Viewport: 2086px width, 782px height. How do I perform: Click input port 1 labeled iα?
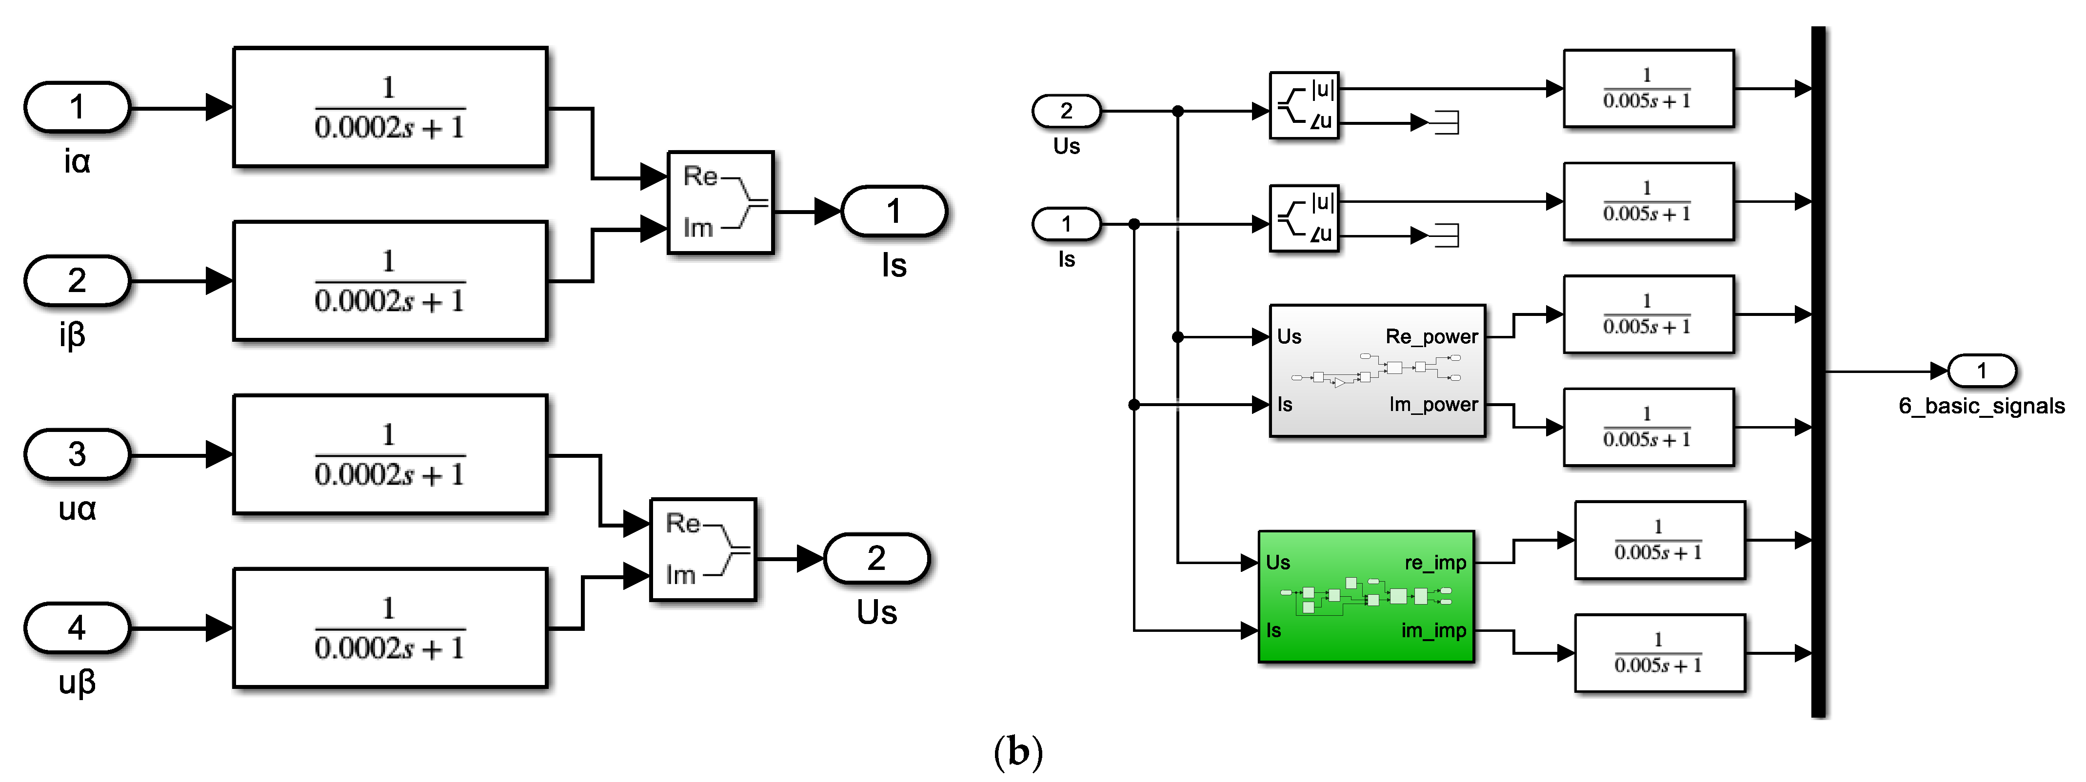click(x=77, y=107)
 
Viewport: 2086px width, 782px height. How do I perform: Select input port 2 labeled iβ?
click(x=77, y=281)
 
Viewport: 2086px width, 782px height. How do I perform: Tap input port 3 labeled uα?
click(x=77, y=454)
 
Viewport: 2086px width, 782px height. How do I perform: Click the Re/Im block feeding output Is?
click(x=720, y=202)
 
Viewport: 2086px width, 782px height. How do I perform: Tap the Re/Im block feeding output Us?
click(x=703, y=549)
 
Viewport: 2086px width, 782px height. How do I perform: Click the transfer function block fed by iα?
click(x=390, y=107)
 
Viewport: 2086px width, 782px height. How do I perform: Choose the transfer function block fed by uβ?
click(x=390, y=628)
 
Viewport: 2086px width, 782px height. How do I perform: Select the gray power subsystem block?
click(x=1377, y=371)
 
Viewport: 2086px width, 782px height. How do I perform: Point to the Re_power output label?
click(x=1431, y=337)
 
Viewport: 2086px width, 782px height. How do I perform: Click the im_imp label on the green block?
click(x=1433, y=630)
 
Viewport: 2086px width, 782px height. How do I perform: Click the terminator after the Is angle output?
click(x=1446, y=235)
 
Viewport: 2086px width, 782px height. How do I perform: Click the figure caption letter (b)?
click(x=1018, y=752)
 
